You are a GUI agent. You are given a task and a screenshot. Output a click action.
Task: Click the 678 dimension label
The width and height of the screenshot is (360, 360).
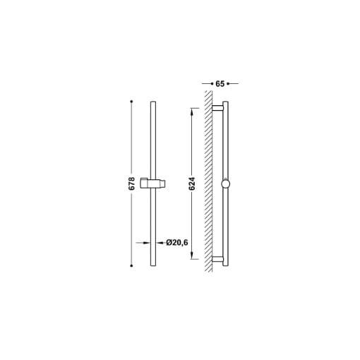[132, 184]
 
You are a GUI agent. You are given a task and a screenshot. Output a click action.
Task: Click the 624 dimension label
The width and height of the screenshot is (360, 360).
[192, 184]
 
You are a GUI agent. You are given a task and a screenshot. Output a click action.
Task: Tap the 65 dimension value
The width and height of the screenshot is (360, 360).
[220, 83]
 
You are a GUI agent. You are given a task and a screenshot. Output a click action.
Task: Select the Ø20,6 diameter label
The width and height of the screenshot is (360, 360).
[177, 242]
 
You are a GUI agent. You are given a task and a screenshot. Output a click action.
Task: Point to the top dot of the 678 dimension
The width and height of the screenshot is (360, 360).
[131, 102]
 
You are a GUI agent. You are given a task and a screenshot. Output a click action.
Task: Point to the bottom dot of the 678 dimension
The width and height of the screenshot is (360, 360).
[131, 265]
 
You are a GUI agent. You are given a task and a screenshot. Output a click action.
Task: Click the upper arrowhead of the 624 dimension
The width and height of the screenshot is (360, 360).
[192, 112]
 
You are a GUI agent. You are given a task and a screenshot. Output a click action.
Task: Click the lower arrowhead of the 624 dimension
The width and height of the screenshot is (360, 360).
[192, 256]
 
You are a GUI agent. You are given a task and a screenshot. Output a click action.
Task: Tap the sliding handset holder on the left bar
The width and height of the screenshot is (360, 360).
[153, 184]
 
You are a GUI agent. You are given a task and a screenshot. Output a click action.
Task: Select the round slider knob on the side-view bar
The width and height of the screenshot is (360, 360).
[225, 184]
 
